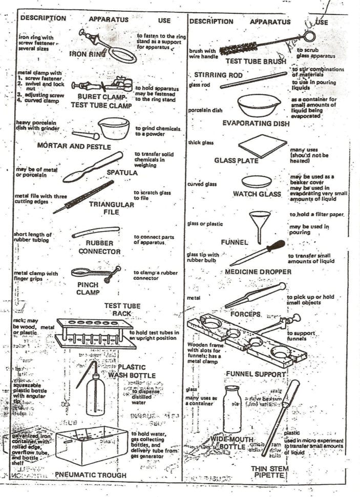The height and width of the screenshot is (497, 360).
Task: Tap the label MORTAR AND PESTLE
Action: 74,146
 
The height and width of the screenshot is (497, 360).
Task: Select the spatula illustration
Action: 92,167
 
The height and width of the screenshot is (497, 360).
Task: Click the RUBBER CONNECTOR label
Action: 99,247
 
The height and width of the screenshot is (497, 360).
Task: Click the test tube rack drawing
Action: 95,333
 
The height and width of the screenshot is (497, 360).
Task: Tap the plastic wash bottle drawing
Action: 95,391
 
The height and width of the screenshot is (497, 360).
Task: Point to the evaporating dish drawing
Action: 259,105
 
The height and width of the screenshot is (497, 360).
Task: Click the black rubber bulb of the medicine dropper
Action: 276,245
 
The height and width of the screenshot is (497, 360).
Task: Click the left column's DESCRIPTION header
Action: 43,18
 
